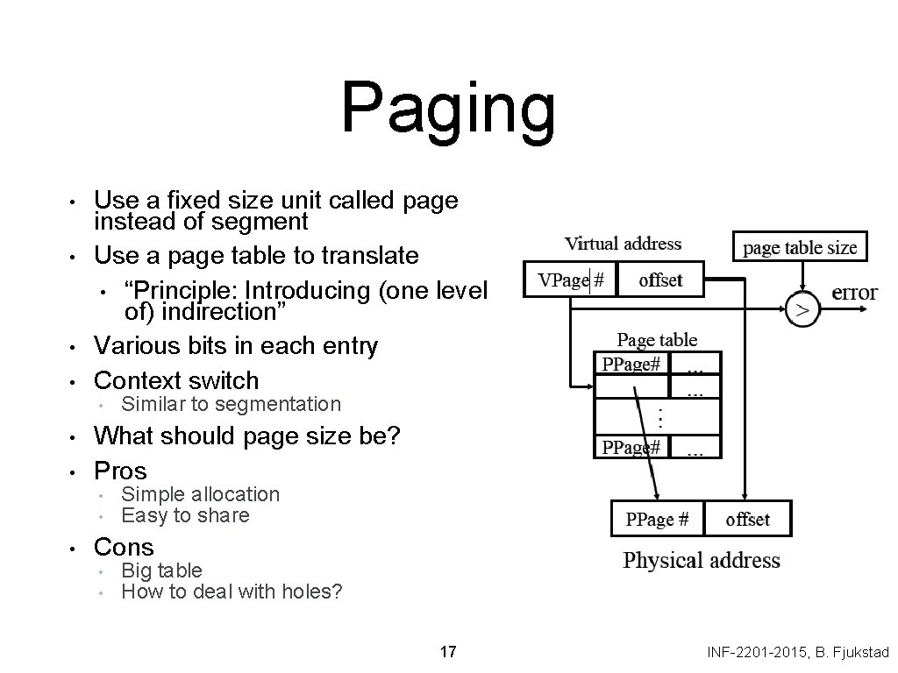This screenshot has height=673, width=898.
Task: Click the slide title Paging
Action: coord(448,109)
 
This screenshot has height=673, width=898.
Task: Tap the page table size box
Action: coord(800,247)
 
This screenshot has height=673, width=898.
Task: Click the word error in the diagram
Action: coord(854,293)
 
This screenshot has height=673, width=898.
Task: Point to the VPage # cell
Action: coord(571,280)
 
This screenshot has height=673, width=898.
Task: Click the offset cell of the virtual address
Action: coord(660,280)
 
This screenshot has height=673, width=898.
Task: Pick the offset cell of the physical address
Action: coord(747,519)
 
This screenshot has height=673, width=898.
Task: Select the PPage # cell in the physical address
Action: coord(657,519)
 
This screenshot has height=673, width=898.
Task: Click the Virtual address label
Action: coord(623,244)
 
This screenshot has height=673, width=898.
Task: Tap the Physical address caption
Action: coord(701,560)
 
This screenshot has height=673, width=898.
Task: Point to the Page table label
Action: coord(657,339)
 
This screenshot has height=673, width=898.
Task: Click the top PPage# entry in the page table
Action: coord(631,364)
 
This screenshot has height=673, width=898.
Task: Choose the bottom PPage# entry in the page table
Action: coord(631,448)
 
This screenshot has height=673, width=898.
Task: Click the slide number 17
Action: coord(448,652)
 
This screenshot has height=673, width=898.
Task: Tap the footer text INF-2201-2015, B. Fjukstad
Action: coord(798,652)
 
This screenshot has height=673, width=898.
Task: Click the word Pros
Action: coord(120,471)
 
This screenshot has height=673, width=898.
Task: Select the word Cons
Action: coord(124,547)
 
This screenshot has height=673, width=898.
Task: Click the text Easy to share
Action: coord(185,515)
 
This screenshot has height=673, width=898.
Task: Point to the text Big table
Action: coord(161,570)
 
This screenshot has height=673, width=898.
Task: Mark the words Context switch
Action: coord(176,380)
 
